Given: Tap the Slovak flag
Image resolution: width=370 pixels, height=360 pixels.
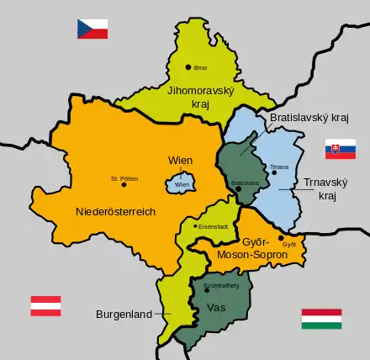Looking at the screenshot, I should pos(341,150).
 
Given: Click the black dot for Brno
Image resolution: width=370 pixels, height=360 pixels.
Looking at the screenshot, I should pos(189,68).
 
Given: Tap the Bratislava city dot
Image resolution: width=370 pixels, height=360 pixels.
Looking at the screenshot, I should pos(239,189).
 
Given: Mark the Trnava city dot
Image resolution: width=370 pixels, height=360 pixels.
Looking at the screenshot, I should pos(273,173).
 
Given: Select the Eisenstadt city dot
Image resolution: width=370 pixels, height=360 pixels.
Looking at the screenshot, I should pos(194,225).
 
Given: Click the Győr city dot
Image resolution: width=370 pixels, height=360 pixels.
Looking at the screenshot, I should pos(280,238).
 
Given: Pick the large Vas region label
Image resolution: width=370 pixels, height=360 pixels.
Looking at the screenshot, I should pos(215,308).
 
